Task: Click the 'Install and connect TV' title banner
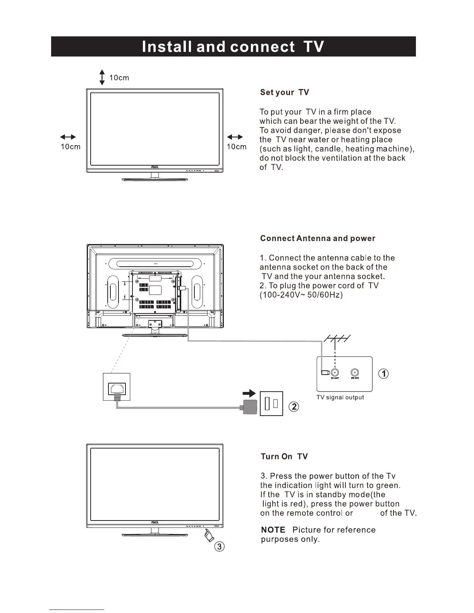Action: pos(233,47)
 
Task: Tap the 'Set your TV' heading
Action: pos(285,92)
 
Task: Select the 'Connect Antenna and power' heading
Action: pos(318,238)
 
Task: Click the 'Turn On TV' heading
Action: pos(284,457)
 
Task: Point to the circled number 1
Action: pos(383,373)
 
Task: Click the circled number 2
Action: pos(294,407)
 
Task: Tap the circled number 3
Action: pos(219,546)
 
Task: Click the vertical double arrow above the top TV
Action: pos(102,77)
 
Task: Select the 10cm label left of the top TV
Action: pos(70,147)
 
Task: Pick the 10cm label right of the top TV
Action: pos(236,147)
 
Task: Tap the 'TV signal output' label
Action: pos(340,397)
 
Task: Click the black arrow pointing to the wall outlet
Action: pos(249,394)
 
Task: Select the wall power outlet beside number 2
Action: pos(271,404)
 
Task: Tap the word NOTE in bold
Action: pos(273,530)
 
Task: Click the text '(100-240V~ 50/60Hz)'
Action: pos(301,295)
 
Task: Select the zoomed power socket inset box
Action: pos(117,387)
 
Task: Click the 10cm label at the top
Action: pos(119,78)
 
